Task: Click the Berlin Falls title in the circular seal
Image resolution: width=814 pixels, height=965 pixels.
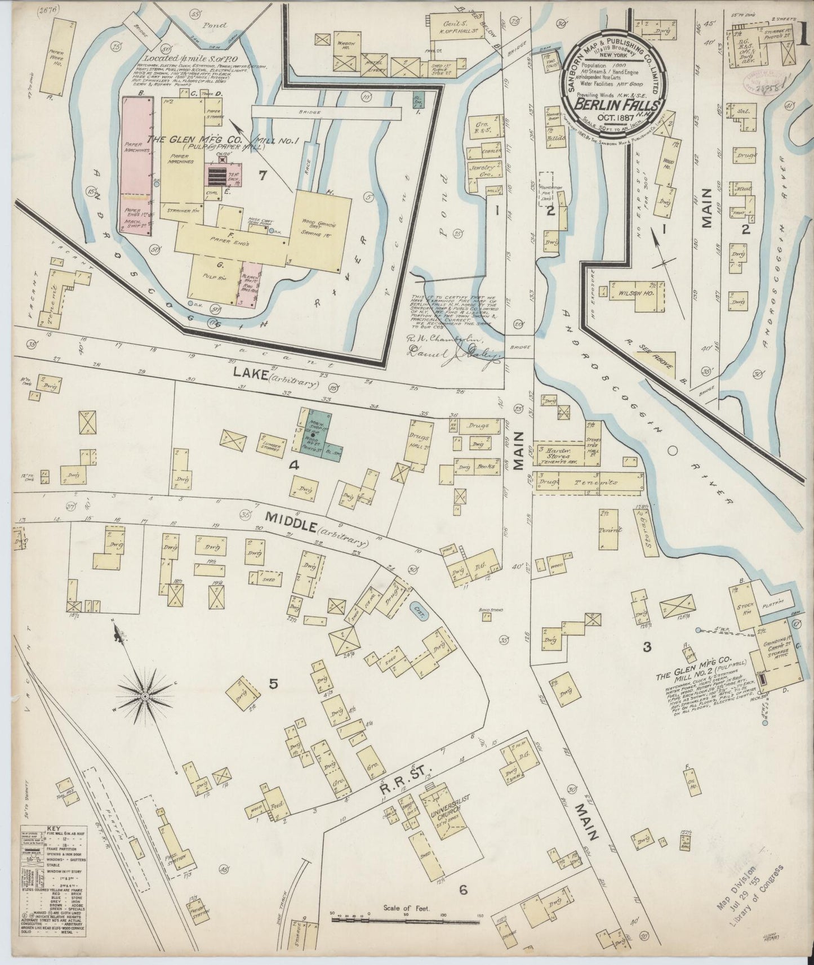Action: [612, 105]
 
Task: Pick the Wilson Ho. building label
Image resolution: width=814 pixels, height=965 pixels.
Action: [631, 294]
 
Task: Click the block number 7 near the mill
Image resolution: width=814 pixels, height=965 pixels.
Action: [262, 176]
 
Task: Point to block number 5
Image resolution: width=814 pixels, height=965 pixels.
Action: [273, 684]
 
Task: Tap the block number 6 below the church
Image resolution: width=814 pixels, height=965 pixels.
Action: [463, 890]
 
